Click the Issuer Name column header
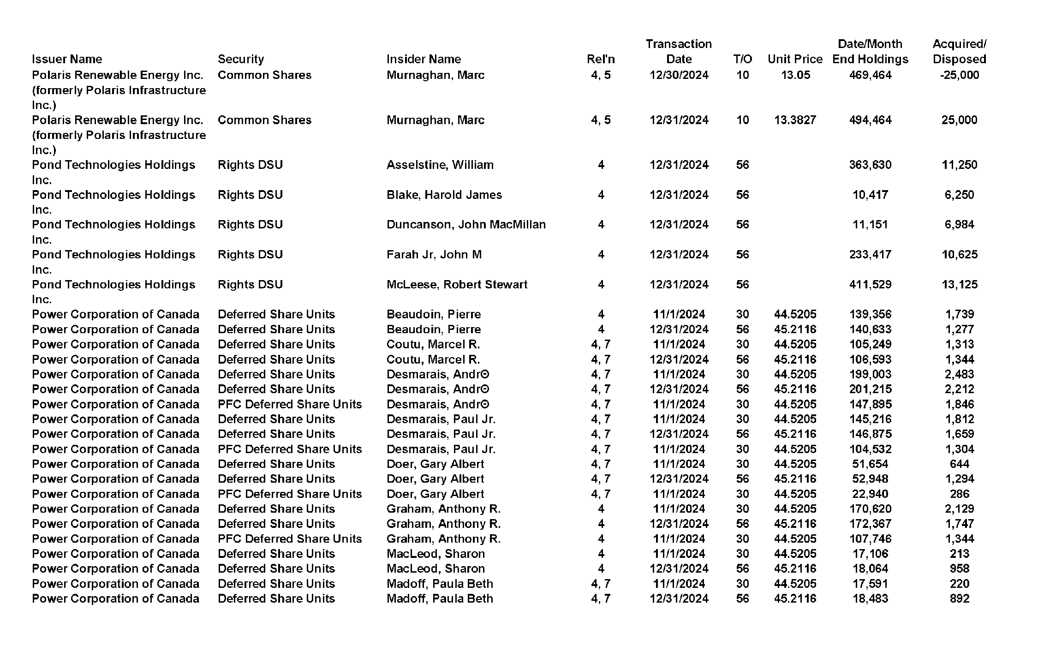point(67,59)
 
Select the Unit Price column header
point(795,59)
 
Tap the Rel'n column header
point(601,59)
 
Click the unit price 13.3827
point(795,120)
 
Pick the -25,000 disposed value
point(959,75)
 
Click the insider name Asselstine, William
point(440,165)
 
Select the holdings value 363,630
point(870,165)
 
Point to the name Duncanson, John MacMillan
point(466,225)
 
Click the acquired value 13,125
point(959,285)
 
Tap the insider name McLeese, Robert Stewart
point(457,285)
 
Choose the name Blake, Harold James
point(444,195)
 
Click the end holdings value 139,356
point(870,314)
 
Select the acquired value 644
point(959,464)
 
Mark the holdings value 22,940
point(870,494)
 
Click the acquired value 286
point(959,494)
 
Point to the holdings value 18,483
point(870,599)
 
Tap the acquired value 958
point(959,569)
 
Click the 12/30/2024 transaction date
point(679,75)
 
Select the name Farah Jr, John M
point(434,255)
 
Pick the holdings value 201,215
point(870,389)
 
